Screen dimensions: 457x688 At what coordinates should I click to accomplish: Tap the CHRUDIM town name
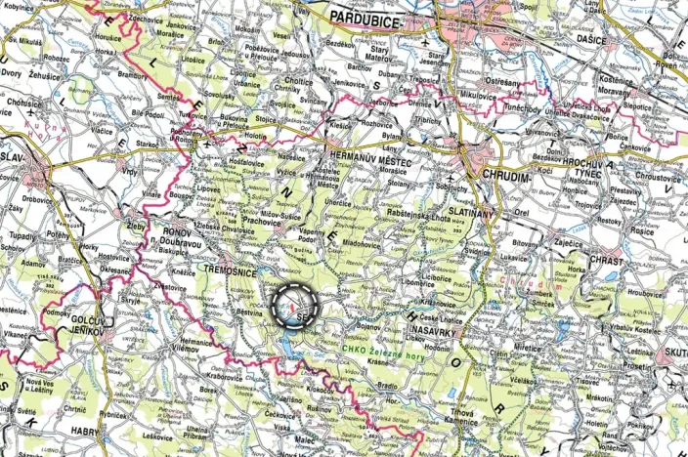pos(506,177)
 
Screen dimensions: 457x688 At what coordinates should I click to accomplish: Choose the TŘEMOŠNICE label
pos(231,267)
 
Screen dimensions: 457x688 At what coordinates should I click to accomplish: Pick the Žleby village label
pos(135,224)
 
